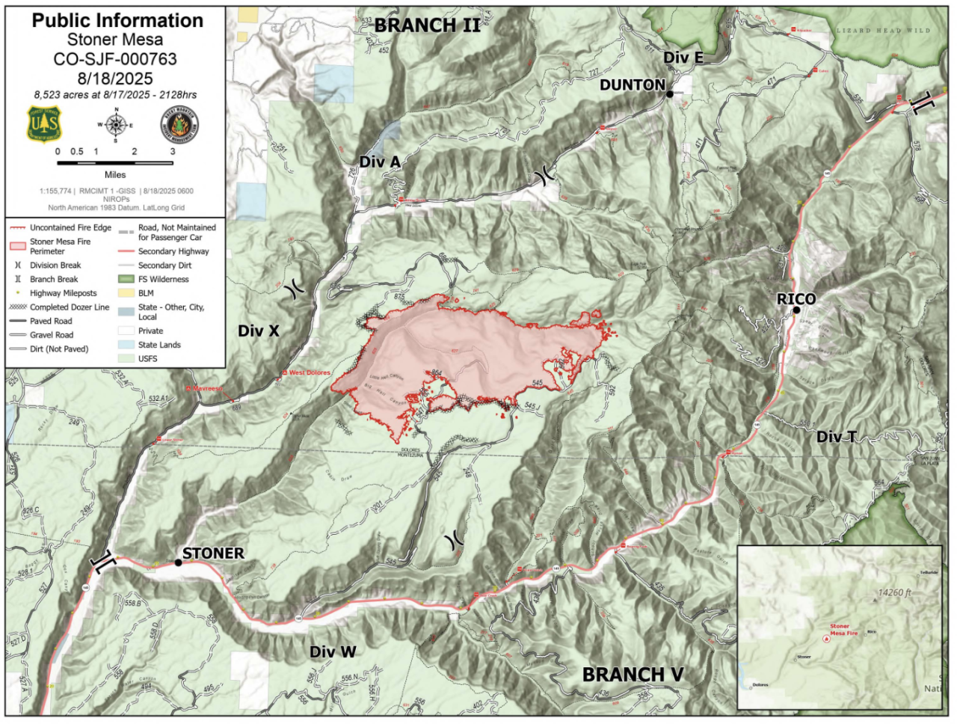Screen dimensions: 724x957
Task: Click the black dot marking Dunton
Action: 670,94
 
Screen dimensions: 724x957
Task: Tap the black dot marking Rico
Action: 796,310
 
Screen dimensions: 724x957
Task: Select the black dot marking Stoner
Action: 178,562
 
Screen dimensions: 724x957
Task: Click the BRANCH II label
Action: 427,25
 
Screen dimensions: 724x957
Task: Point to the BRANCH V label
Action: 633,675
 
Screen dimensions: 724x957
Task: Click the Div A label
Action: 379,162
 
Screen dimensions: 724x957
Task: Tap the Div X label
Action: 258,331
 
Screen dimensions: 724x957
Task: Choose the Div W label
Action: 333,652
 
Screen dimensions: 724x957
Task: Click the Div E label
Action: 683,58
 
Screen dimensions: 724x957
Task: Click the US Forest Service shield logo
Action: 44,123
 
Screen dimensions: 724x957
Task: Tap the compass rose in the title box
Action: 116,125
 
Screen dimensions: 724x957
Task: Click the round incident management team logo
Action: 179,124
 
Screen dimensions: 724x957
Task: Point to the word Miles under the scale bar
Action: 115,175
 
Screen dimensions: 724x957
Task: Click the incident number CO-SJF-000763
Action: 115,59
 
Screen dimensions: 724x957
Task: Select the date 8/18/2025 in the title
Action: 115,79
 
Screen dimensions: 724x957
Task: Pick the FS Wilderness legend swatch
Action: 126,280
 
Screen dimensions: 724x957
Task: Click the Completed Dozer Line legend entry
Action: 69,307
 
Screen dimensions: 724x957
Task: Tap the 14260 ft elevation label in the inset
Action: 894,593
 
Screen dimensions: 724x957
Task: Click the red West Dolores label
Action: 309,372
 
